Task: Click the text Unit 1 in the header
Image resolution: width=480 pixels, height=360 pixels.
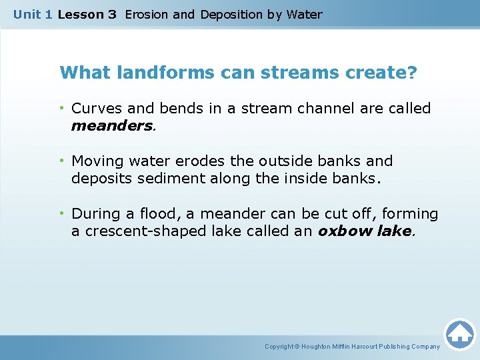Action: point(33,15)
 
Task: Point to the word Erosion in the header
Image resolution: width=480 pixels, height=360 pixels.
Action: point(147,15)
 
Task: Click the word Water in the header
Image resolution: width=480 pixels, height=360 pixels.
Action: point(304,15)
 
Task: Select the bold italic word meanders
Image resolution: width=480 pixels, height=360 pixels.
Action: point(112,125)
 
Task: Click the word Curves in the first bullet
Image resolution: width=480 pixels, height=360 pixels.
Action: point(95,108)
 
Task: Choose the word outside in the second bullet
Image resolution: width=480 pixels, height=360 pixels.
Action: point(286,161)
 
